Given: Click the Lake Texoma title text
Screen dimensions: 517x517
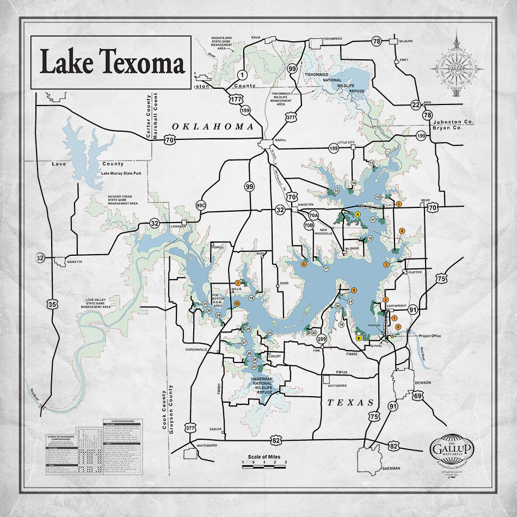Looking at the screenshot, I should tap(112, 63).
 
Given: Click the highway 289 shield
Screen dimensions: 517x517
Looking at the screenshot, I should tap(322, 340).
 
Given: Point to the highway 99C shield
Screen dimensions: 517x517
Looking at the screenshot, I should tap(201, 206).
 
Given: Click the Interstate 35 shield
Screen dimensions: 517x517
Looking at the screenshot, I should tap(52, 304).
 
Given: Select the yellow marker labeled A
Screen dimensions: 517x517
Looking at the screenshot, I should tap(358, 215).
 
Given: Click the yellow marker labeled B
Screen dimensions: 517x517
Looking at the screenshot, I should tap(359, 338).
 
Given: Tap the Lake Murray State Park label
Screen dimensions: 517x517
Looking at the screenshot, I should tap(122, 174).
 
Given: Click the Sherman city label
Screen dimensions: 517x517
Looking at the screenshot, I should tap(391, 468).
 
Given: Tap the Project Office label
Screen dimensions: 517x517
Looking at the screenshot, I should tap(430, 336).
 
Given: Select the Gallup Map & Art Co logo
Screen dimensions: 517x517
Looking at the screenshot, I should tap(452, 449).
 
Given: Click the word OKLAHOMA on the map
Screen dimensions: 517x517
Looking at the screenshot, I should tap(213, 126).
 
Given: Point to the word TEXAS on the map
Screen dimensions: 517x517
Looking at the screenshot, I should tap(350, 403).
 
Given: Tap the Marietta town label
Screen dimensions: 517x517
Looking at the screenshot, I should tap(75, 262).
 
